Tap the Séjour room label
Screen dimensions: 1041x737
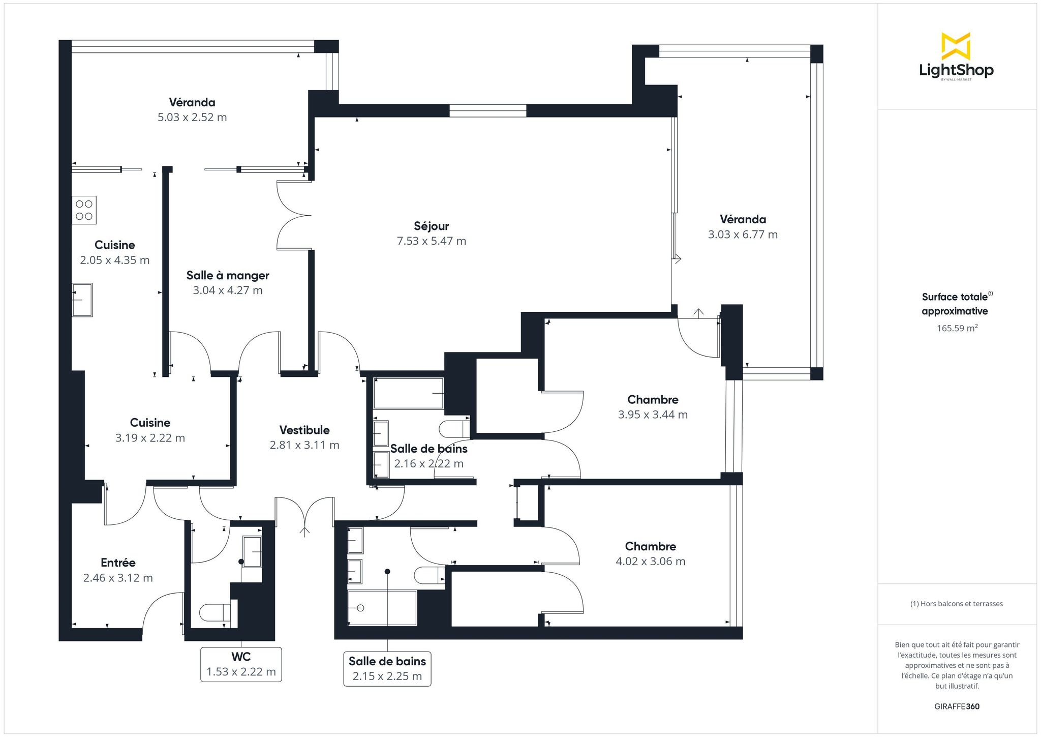click(431, 226)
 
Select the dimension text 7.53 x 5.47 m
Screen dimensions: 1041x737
click(431, 241)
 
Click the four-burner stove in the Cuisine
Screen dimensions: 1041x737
click(84, 210)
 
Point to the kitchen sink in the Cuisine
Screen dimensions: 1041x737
click(82, 300)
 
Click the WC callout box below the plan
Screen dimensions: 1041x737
click(241, 664)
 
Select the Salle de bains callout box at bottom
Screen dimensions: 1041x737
click(387, 669)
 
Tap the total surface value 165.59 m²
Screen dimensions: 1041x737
click(957, 328)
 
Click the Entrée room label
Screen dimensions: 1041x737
click(118, 563)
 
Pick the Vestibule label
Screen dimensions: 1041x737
click(304, 430)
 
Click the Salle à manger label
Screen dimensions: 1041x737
click(228, 275)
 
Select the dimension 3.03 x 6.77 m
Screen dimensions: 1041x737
click(743, 234)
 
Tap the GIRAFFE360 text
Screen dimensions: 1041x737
click(957, 706)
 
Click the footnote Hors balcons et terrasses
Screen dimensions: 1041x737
click(956, 604)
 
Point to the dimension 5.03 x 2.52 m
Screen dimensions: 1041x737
click(192, 117)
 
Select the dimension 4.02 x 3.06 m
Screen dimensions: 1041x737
click(651, 562)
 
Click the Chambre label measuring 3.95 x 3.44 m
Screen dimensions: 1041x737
click(653, 399)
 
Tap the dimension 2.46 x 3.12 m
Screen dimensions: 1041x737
click(118, 578)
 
